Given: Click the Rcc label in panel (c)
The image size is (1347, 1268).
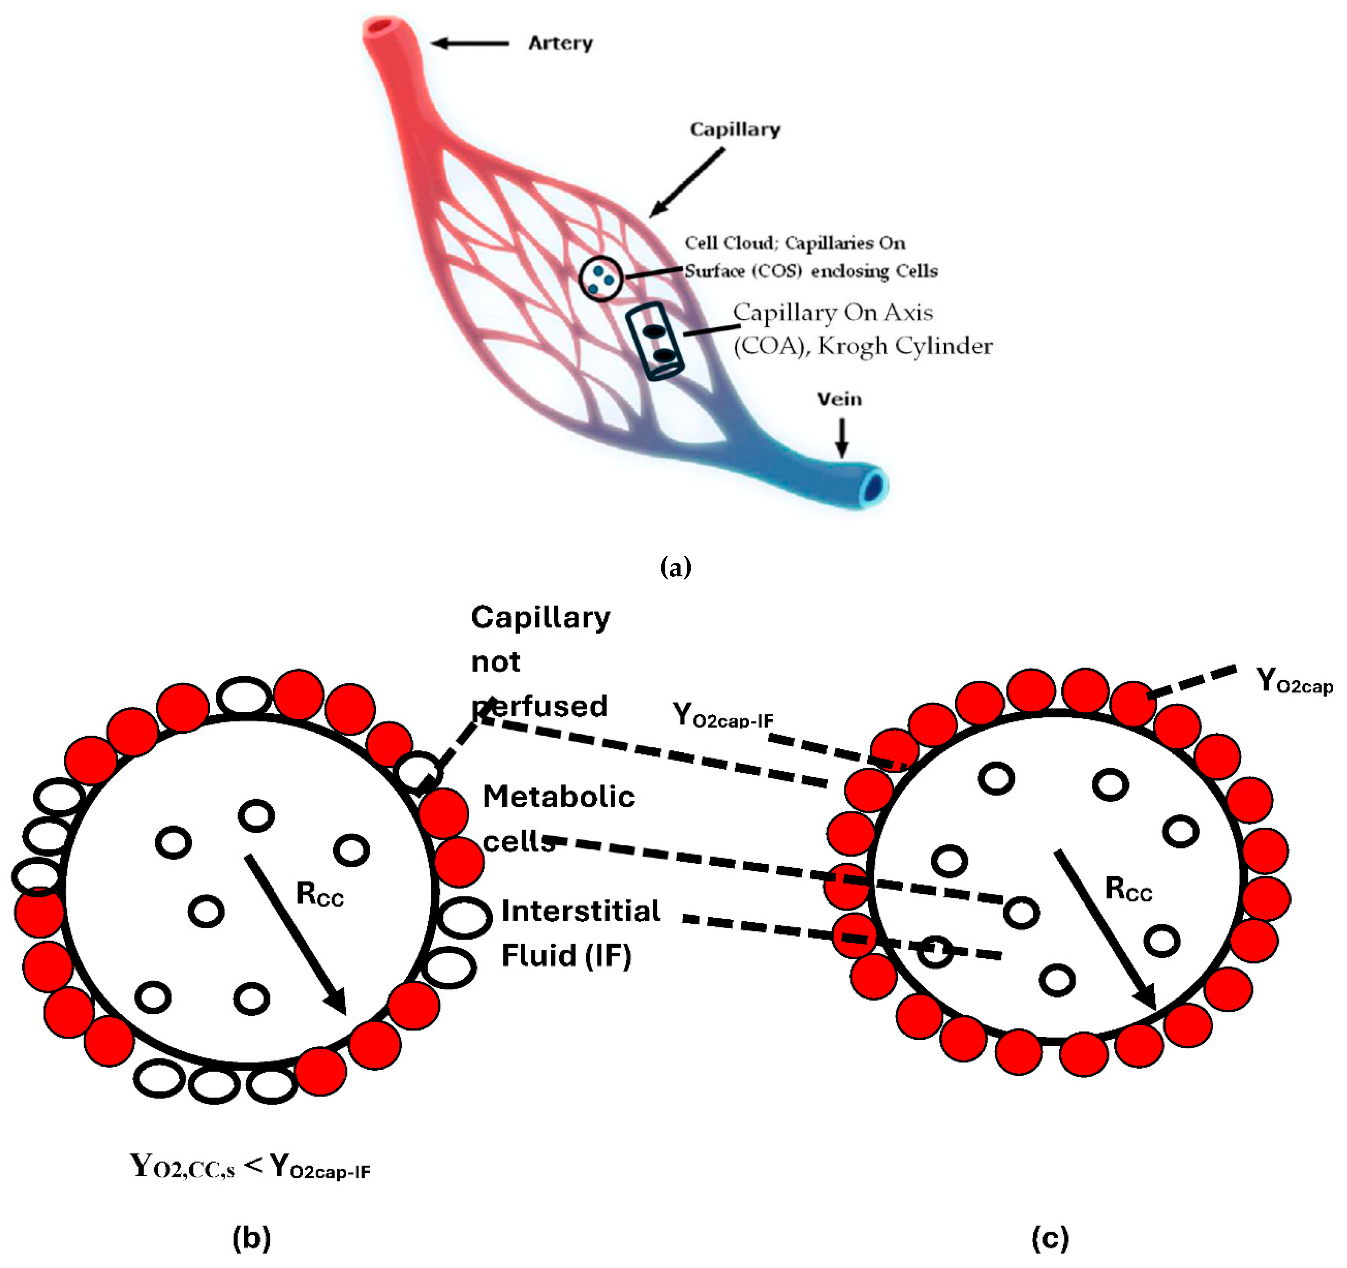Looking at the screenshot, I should pyautogui.click(x=1128, y=889).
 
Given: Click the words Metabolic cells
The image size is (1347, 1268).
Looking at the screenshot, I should pyautogui.click(x=558, y=818).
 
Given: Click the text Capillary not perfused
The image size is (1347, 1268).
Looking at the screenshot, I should pyautogui.click(x=540, y=661).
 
